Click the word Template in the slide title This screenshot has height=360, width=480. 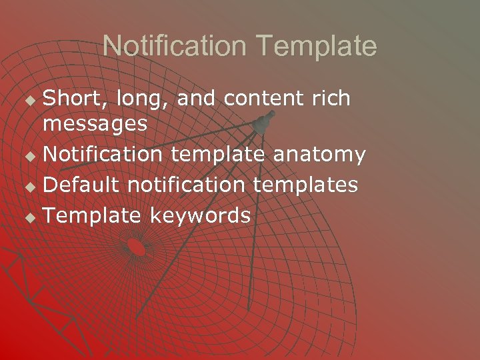point(317,47)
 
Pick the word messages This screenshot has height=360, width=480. point(95,125)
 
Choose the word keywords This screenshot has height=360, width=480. point(200,215)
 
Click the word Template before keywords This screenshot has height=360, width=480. point(92,215)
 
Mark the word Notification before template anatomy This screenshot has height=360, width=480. point(103,155)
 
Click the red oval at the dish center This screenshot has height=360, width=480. point(137,247)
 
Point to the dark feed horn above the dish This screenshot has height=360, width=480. point(262,122)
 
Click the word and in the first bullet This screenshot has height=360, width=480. point(197,99)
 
